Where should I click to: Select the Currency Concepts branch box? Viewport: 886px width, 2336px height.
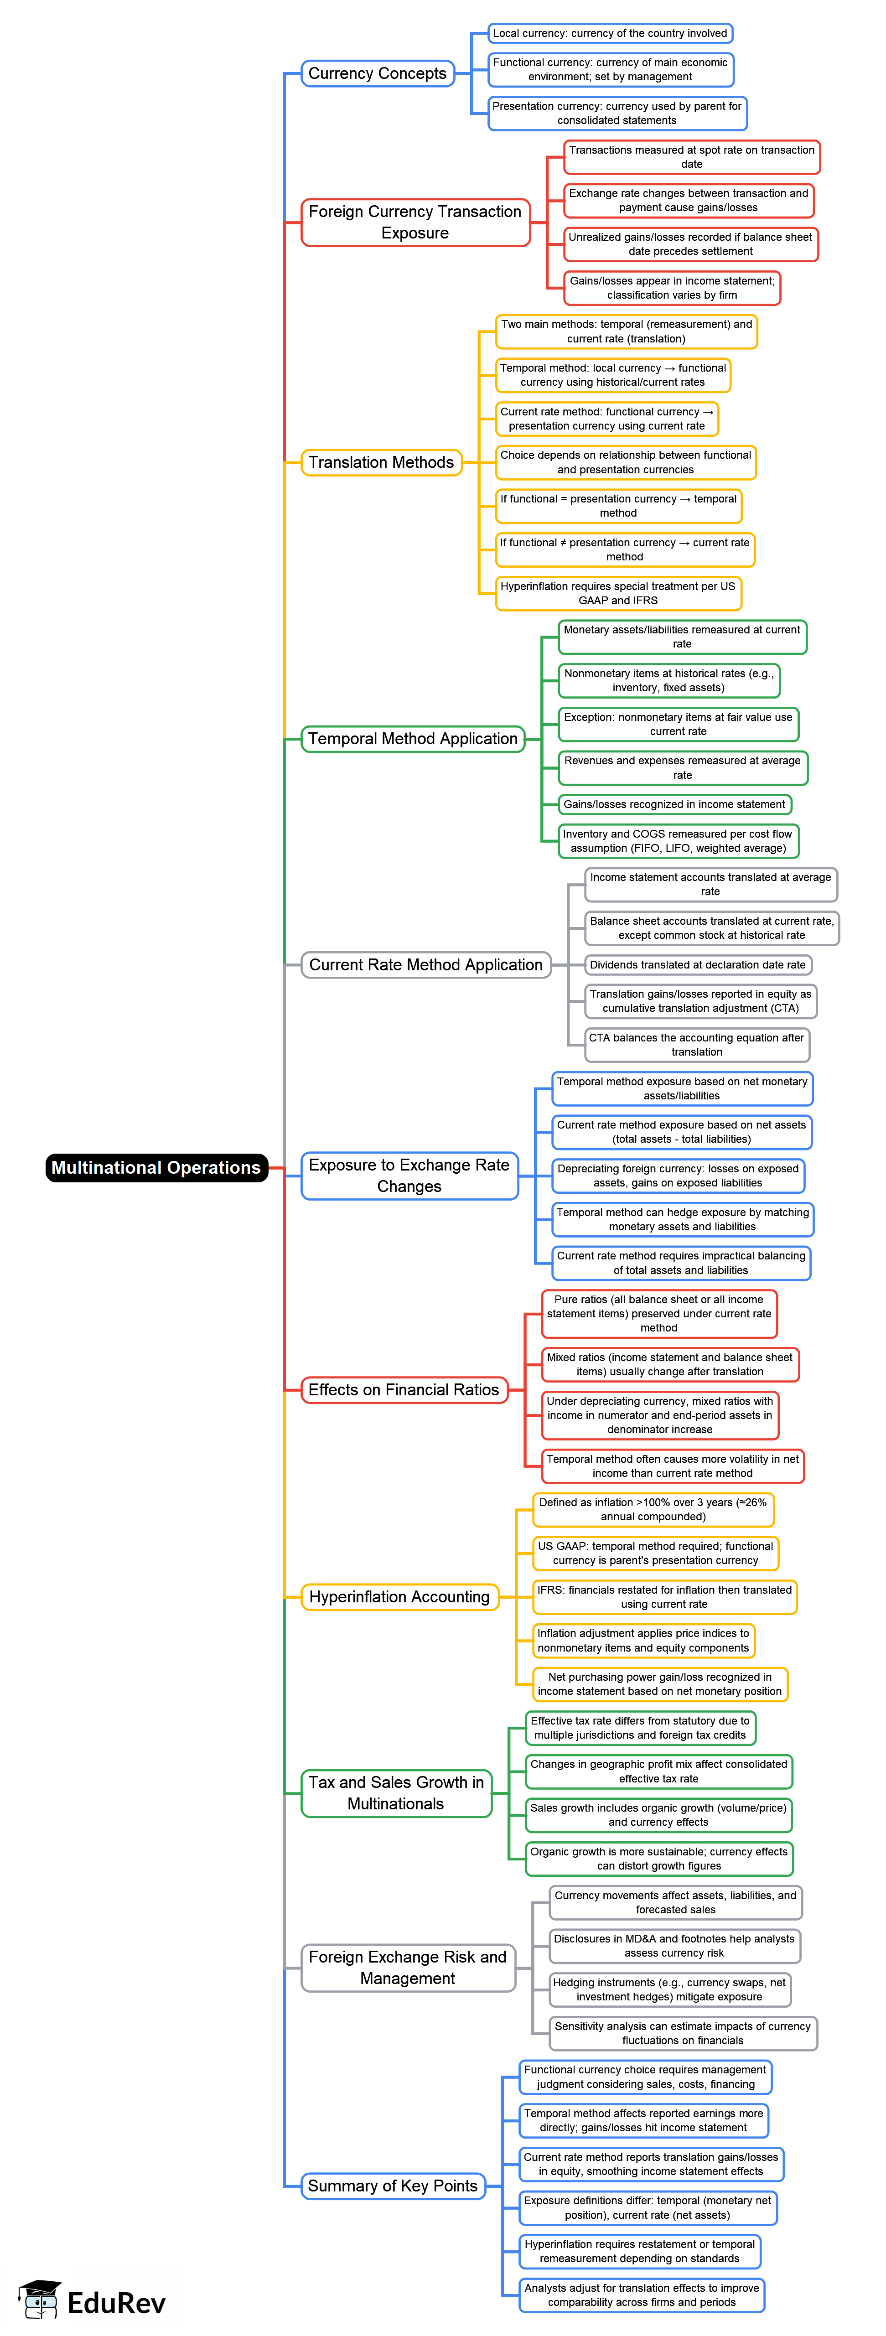[377, 73]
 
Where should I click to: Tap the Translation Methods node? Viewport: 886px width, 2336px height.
[381, 462]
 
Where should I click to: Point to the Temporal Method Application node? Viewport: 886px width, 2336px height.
[413, 739]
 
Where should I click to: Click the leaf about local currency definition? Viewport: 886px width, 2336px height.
[609, 34]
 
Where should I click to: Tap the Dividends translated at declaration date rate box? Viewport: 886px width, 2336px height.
[697, 965]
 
